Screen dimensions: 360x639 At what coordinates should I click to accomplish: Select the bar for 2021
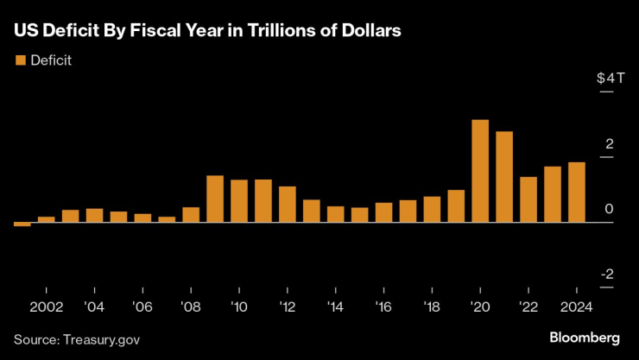[x=504, y=177]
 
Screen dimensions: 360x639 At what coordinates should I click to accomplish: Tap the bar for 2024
[x=577, y=193]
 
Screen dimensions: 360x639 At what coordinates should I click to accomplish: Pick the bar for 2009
[x=215, y=199]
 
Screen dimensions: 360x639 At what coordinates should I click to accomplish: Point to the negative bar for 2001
[x=22, y=224]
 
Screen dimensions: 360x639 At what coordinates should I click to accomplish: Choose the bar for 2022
[x=528, y=199]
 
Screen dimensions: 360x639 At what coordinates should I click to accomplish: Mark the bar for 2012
[x=288, y=205]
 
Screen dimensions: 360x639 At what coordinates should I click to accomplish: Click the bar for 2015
[x=359, y=215]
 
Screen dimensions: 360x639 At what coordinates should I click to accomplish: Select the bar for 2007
[x=167, y=219]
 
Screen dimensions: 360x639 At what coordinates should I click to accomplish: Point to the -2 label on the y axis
[x=608, y=275]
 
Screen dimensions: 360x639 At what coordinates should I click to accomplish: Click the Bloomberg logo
[x=585, y=336]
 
